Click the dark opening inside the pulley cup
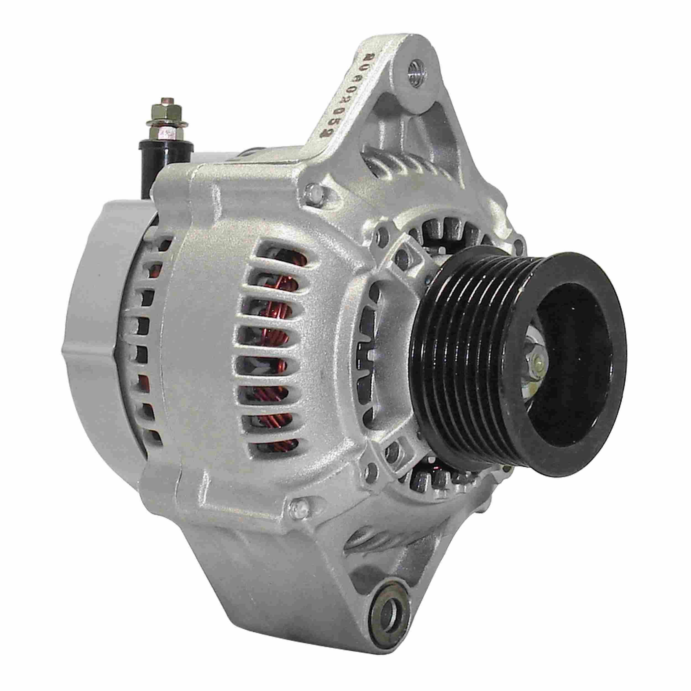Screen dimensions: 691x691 point(569,336)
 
